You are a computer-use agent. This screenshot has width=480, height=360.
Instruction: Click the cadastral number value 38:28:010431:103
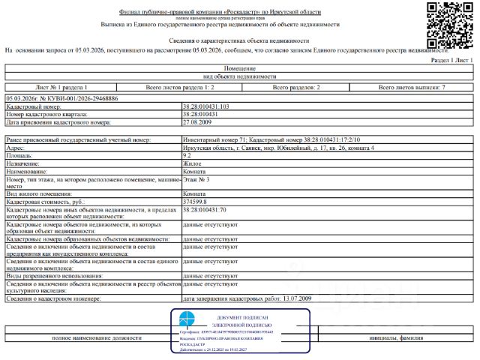point(206,107)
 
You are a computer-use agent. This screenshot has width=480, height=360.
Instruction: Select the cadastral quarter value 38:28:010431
point(200,114)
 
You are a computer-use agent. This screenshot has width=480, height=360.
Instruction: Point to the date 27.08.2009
point(196,121)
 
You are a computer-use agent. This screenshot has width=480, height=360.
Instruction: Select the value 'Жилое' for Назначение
point(192,163)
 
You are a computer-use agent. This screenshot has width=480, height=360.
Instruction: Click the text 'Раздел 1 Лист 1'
point(452,58)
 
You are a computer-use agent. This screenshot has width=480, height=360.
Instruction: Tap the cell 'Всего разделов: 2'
point(295,88)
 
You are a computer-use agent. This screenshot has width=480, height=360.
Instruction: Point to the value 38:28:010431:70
point(205,210)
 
